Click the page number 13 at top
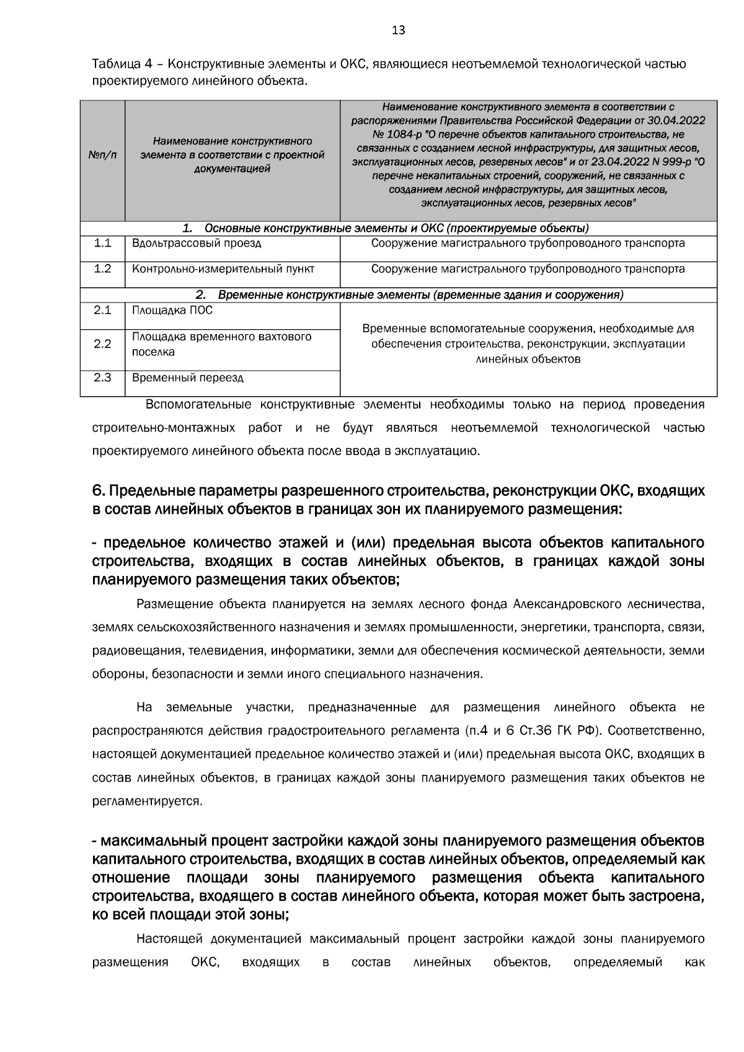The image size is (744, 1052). [399, 30]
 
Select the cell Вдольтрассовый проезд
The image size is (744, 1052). [197, 243]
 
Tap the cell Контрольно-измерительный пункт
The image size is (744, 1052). [223, 269]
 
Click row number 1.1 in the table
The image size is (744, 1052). [102, 243]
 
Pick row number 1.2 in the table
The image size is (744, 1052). [102, 269]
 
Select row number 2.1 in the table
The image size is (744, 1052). [102, 311]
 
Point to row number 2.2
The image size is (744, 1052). [102, 344]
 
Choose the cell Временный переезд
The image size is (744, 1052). [188, 378]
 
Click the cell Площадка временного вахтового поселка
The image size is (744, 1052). [221, 344]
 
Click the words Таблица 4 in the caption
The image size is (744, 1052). [122, 64]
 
